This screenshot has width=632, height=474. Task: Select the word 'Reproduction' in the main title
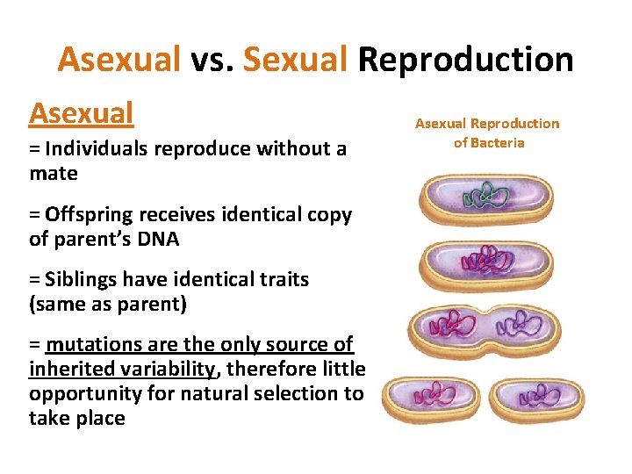[465, 60]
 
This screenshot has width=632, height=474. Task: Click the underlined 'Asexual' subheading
[81, 113]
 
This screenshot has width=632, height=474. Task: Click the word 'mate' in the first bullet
[53, 173]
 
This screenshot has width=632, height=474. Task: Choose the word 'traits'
[280, 279]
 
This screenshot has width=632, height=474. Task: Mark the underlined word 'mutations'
[94, 345]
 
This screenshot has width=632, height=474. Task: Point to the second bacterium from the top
[485, 261]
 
